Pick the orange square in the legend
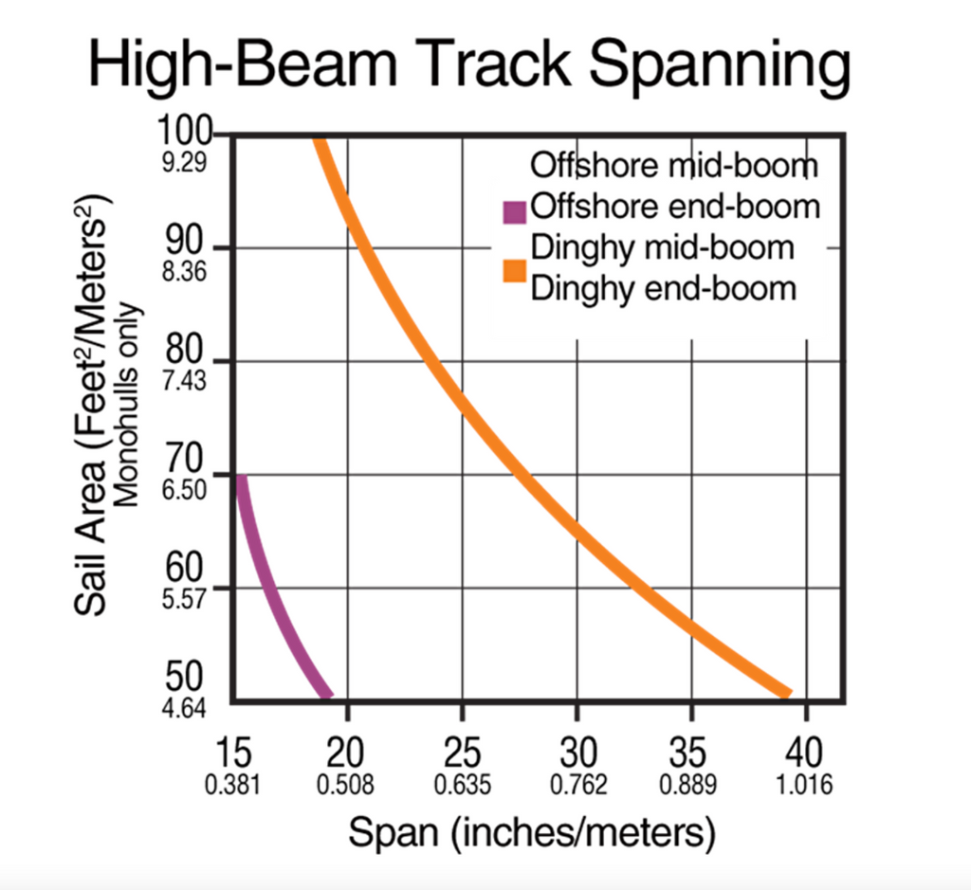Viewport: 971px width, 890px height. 515,268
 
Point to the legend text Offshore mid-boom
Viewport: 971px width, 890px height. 673,166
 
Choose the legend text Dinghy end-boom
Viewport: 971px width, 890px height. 663,288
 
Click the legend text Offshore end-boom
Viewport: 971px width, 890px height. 675,206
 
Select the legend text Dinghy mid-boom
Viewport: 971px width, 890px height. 663,247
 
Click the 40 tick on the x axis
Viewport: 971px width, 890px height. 805,754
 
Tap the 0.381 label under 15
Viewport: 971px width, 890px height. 233,786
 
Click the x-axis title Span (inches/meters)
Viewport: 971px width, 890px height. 530,833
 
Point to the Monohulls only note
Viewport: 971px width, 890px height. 130,408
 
